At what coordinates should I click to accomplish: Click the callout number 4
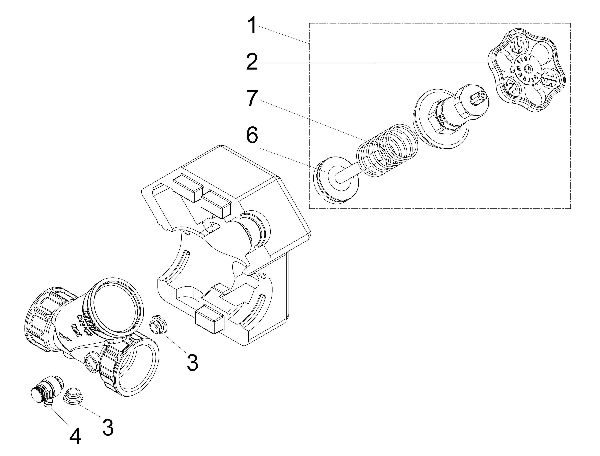click(x=75, y=436)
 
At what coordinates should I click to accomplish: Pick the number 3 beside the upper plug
click(x=192, y=362)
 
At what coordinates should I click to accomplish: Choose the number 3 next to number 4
click(x=108, y=427)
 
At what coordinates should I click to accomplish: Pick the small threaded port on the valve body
click(x=91, y=362)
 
